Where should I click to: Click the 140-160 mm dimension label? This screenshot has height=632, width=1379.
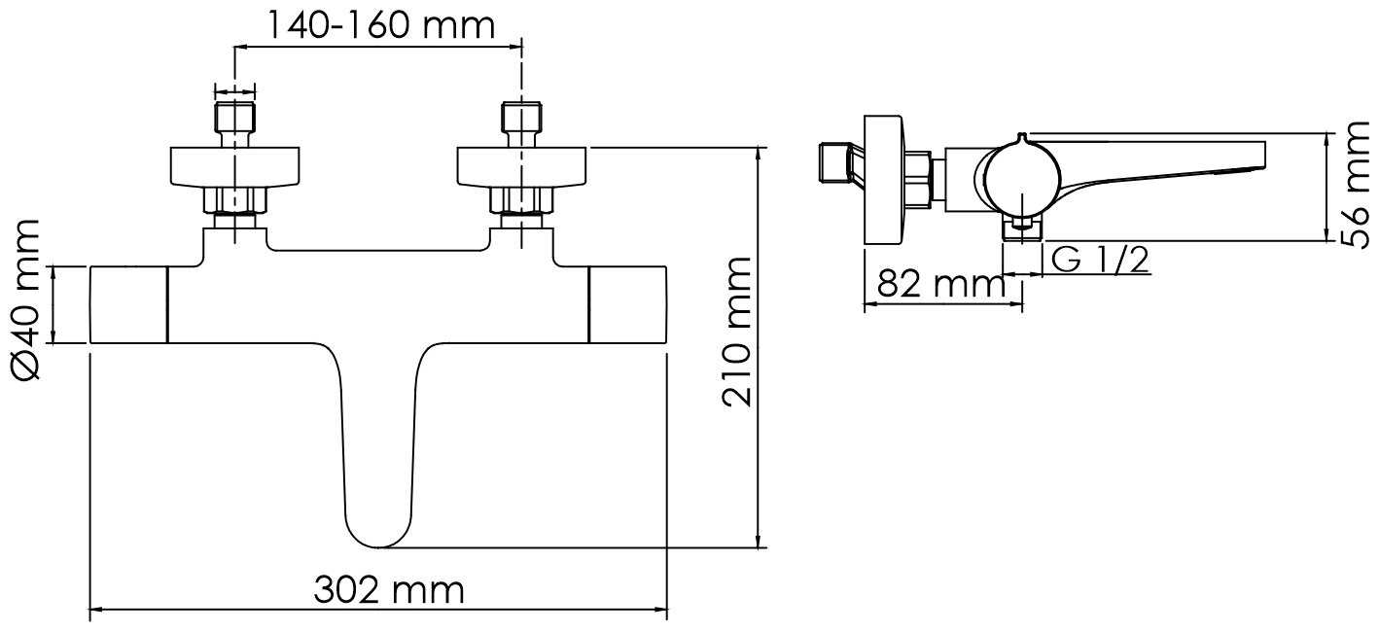pos(381,23)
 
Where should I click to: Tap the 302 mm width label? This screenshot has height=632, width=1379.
pos(389,590)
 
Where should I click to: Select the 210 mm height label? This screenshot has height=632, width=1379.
pos(736,333)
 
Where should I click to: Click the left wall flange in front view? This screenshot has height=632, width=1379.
pos(234,166)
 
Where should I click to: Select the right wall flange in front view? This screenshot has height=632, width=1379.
pos(521,166)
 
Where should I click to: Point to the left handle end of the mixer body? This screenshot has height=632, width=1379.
pos(128,304)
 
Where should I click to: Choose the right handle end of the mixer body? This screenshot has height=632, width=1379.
pos(628,304)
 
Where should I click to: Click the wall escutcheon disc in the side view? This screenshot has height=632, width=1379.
pos(883,182)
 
